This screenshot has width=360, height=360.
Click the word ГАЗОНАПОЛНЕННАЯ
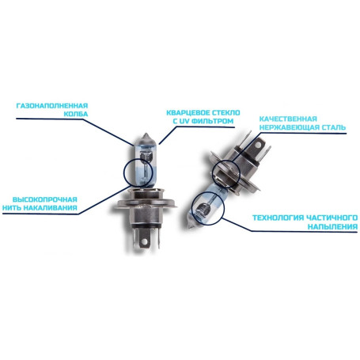point(52,106)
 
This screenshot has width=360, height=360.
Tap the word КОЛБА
point(76,114)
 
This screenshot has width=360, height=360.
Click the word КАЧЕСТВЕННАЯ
point(288,119)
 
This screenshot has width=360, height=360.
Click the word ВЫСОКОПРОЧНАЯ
point(45,199)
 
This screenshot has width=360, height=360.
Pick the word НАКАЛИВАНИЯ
point(50,208)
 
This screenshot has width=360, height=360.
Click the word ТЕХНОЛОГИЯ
point(279,218)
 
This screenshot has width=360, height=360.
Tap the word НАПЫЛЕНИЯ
point(332,227)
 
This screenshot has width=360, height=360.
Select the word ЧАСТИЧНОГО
point(332,218)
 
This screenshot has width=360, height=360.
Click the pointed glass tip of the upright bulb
point(146,134)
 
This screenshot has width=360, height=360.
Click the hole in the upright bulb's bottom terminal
point(144,241)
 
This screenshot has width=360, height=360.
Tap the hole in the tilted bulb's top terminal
point(260,145)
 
